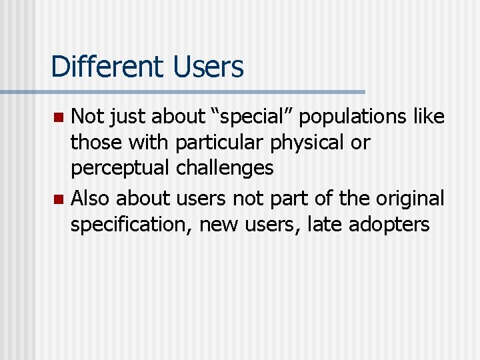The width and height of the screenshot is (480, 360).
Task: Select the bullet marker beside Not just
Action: point(58,118)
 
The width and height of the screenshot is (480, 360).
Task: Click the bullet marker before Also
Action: point(58,199)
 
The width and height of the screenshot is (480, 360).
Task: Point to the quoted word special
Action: point(250,117)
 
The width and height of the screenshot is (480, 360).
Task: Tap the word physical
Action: point(307,143)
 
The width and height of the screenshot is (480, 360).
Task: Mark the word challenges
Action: point(225,168)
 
